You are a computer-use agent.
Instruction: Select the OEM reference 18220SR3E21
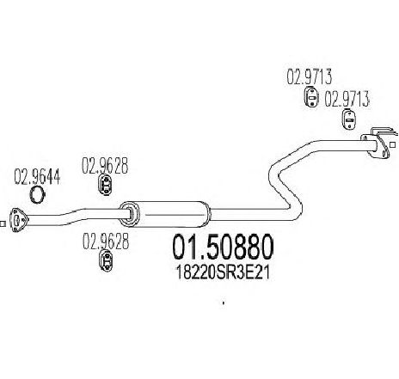coord(223,272)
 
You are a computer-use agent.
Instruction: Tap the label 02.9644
coord(37,177)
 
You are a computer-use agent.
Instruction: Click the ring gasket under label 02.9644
coord(37,194)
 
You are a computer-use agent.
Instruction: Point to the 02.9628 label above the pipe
coord(105,166)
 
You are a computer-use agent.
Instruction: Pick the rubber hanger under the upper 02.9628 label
coord(105,185)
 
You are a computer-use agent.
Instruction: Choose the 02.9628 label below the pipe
coord(106,241)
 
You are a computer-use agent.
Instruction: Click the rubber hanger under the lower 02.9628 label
coord(106,260)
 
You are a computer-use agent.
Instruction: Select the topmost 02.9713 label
coord(310,76)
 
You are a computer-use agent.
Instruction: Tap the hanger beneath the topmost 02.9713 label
coord(310,97)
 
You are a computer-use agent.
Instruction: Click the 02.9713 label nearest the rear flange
coord(347,100)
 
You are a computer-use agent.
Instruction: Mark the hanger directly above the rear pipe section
coord(349,120)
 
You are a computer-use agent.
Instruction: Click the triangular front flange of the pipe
coord(18,220)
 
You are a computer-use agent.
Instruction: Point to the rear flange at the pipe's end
coord(378,144)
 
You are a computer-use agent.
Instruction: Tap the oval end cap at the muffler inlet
coord(129,214)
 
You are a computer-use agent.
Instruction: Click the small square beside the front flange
coord(2,223)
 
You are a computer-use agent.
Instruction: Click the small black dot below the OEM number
coord(224,303)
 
